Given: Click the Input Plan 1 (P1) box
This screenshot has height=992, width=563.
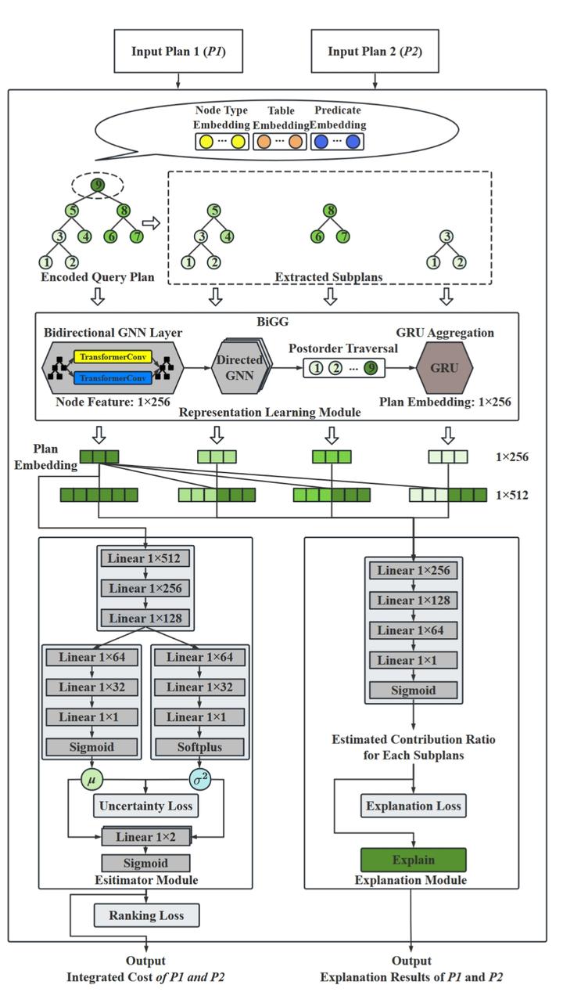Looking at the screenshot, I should coord(178,52).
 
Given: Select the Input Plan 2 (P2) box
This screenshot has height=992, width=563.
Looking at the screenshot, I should coord(375,52).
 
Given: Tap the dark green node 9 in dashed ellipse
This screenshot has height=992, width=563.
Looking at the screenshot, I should coord(97,186).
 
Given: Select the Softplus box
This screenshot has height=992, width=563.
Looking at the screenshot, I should coord(199,747).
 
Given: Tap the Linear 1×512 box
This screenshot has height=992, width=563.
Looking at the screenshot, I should coord(146,558).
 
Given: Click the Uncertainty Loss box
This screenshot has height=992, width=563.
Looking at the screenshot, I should coord(145,805).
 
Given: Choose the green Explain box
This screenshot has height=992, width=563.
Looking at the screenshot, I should coord(413,860).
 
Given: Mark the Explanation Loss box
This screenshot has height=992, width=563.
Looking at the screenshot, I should coord(413,806).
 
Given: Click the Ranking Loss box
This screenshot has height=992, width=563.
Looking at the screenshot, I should coord(145,915).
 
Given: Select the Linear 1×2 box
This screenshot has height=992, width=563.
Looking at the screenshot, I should coord(145,837).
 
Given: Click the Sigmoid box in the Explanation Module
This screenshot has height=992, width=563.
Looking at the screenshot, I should coord(413,690).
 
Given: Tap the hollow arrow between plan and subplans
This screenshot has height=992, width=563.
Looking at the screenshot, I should coord(151,223).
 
